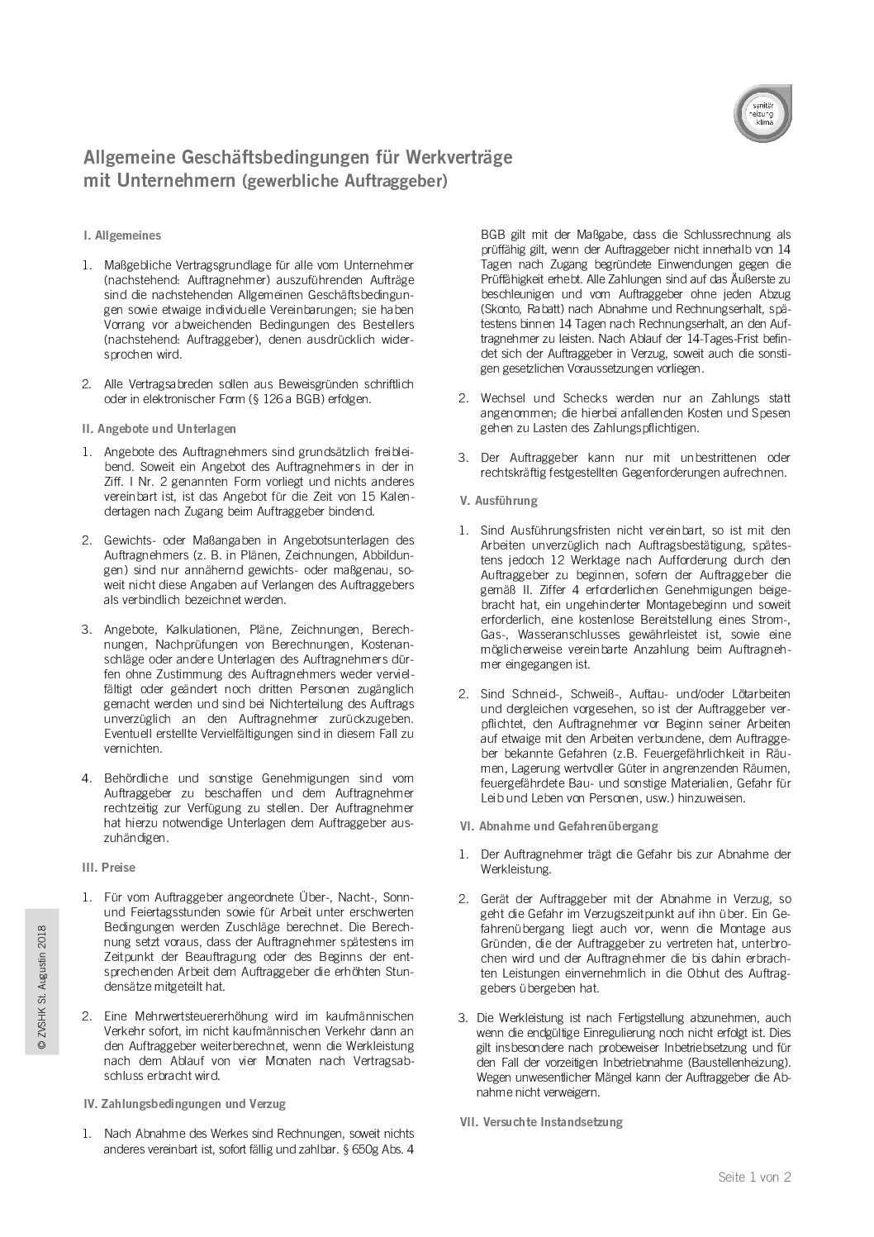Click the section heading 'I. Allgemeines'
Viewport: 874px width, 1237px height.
[x=122, y=236]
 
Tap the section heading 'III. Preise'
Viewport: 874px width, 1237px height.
[x=110, y=868]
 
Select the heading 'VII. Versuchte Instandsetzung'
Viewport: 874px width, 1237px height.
[x=540, y=1122]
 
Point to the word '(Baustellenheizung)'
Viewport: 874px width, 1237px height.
[x=733, y=1063]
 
